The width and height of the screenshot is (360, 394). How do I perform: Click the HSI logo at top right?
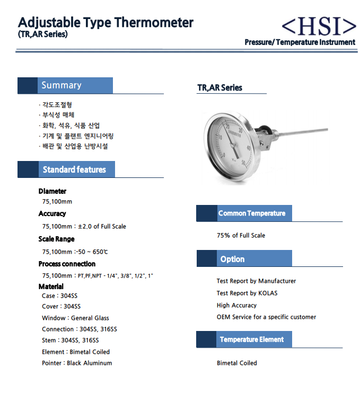click(x=318, y=25)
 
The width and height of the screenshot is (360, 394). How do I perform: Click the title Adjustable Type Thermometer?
click(x=106, y=23)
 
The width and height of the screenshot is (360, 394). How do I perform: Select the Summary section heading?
click(x=62, y=85)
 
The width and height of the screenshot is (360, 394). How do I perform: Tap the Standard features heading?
click(x=74, y=169)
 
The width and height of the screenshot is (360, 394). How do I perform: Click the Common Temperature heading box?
click(x=252, y=213)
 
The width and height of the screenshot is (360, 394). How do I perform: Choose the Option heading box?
click(x=233, y=259)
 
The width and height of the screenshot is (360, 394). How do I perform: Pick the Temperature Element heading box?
click(x=252, y=339)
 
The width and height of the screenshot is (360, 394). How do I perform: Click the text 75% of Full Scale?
click(x=241, y=235)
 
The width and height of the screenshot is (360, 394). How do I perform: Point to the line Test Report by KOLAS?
click(x=247, y=293)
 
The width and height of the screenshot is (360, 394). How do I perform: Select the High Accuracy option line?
click(x=236, y=305)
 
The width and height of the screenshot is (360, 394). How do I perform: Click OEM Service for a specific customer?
click(x=266, y=317)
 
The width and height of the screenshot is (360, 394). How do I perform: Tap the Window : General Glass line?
click(x=75, y=318)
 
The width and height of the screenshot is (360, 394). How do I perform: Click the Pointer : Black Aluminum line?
click(x=77, y=363)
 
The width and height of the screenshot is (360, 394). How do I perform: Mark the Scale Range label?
click(x=56, y=239)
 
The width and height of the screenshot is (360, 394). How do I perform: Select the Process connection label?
click(x=67, y=264)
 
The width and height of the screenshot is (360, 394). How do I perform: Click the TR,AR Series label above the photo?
click(x=219, y=88)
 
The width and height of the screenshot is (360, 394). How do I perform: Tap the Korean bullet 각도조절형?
click(x=57, y=105)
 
